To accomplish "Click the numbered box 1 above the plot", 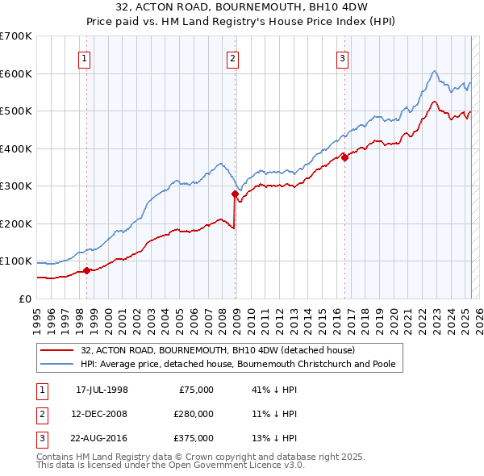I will pos(85,57).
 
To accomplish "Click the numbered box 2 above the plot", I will pos(232,57).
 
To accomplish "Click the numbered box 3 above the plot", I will pos(342,57).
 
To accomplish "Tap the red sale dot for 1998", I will pos(86,270).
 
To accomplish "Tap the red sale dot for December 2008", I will pos(235,194).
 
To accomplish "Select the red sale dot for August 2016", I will pos(344,158).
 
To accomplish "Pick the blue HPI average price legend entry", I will pos(237,364).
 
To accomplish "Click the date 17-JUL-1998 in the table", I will pos(102,390).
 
